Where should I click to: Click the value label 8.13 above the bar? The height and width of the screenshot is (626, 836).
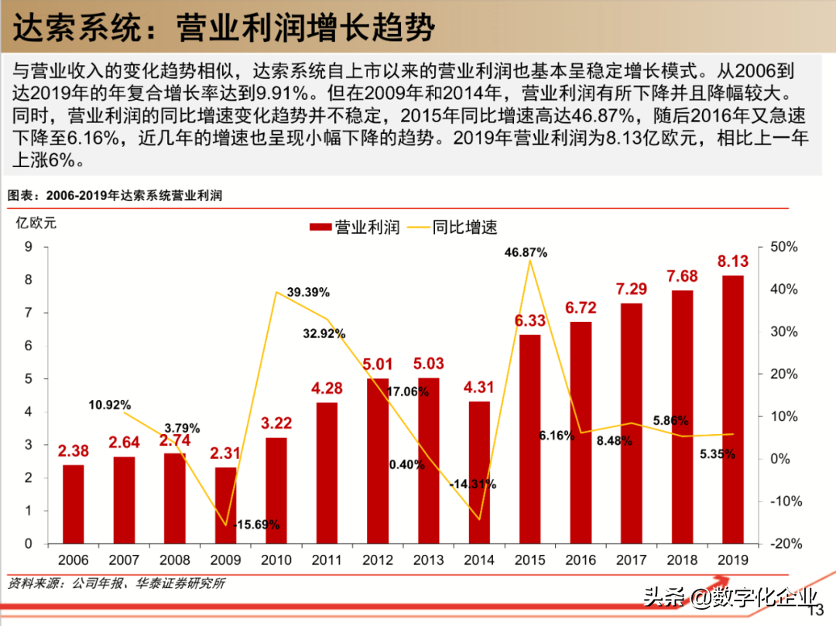(x=732, y=262)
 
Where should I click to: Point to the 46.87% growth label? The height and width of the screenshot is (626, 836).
(x=526, y=252)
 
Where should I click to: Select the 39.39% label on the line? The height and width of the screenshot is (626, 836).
(x=307, y=292)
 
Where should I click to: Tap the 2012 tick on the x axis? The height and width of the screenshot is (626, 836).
(x=377, y=560)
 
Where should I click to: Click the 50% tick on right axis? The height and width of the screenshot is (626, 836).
(x=783, y=247)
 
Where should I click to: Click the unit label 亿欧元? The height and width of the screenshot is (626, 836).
(x=36, y=223)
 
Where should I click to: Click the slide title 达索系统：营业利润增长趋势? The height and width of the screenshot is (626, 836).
(x=224, y=29)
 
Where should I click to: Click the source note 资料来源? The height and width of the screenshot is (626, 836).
(x=116, y=583)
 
